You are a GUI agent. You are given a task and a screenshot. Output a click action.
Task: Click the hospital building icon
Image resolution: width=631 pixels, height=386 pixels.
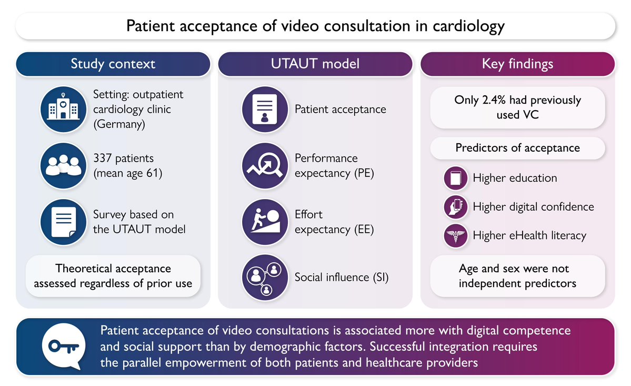click(62, 109)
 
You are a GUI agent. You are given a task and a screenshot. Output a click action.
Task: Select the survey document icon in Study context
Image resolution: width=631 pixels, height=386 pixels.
click(62, 222)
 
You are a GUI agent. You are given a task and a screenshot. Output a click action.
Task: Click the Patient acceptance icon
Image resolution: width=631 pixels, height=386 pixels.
click(265, 109)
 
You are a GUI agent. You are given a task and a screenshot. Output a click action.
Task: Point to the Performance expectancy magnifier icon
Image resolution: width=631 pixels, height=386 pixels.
click(265, 165)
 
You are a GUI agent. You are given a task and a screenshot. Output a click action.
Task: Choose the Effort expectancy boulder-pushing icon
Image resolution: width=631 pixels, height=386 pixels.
click(265, 222)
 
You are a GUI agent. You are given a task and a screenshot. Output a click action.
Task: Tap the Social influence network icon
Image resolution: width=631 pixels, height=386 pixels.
click(265, 277)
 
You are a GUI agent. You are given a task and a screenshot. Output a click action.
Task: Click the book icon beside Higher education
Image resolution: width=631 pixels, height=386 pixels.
click(455, 178)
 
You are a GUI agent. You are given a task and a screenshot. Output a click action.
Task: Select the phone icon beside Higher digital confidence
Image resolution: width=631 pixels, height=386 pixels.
click(455, 207)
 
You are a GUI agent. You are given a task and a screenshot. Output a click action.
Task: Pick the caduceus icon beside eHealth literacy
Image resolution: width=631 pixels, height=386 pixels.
click(455, 235)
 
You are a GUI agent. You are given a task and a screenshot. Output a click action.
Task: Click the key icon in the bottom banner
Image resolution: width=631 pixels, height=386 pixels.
click(62, 346)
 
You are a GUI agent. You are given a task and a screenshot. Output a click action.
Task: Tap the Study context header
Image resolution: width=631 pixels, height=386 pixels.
click(113, 64)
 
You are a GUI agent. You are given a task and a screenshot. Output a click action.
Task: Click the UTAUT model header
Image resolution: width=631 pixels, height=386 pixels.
click(315, 64)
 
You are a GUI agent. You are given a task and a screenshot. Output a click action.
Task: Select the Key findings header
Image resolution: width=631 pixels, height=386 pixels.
click(517, 64)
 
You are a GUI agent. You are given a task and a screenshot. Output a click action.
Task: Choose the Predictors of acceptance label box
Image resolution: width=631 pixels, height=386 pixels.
click(517, 148)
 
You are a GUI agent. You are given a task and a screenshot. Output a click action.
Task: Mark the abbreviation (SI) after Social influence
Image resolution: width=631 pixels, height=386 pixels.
click(377, 277)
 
